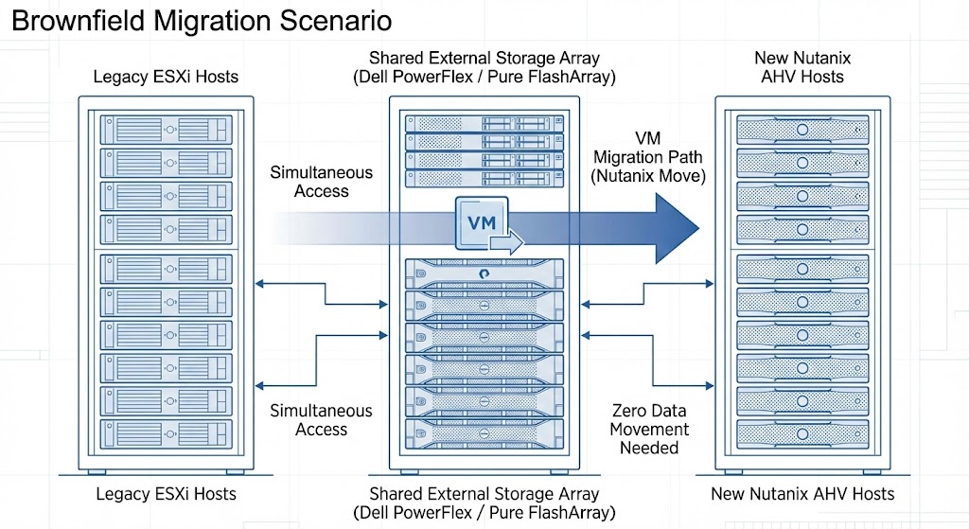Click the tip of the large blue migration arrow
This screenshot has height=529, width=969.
(696, 225)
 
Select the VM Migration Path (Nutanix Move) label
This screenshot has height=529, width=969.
(648, 157)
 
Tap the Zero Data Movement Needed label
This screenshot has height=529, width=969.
(649, 429)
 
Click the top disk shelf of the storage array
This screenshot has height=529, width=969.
(484, 123)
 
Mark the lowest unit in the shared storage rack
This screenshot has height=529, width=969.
(484, 437)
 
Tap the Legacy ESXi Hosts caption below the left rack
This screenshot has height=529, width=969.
(166, 494)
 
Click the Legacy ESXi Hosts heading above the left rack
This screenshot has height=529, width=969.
(166, 77)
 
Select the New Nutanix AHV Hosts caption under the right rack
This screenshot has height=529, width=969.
(802, 494)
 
